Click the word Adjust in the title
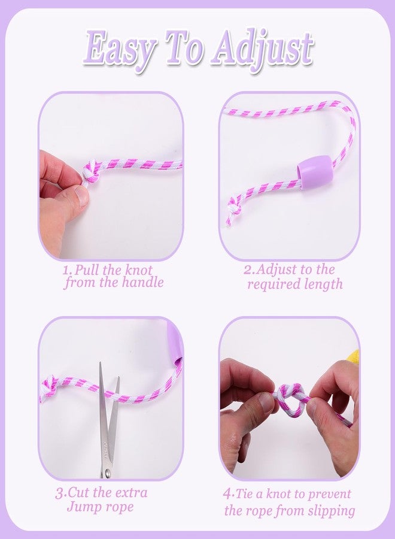[x=262, y=50]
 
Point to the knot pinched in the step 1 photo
[x=90, y=171]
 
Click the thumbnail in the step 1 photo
[x=82, y=196]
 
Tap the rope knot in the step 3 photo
[x=50, y=386]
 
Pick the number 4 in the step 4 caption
[x=227, y=494]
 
